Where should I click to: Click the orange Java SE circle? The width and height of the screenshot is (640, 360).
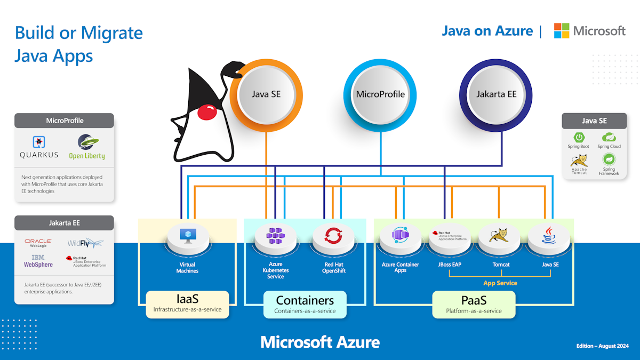tap(266, 94)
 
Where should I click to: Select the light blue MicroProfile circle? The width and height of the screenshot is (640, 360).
tap(380, 94)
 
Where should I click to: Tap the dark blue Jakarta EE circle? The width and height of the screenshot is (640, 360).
tap(496, 94)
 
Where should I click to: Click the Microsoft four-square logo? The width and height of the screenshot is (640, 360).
tap(562, 31)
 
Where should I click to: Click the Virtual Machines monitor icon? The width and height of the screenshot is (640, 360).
tap(187, 236)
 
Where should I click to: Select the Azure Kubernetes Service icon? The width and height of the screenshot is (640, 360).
tap(275, 236)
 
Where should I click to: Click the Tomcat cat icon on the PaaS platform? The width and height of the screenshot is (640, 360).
tap(500, 235)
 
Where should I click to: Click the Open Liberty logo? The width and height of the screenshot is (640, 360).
tap(87, 147)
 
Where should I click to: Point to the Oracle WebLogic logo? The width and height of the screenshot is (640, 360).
tap(38, 243)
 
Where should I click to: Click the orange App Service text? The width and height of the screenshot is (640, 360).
tap(500, 283)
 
